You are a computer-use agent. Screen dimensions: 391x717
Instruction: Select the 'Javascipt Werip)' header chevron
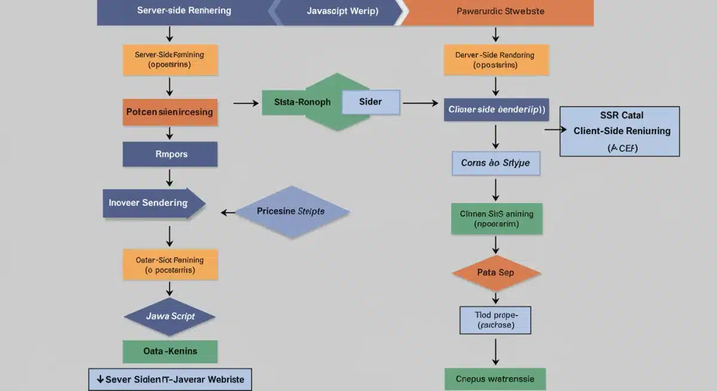coord(338,12)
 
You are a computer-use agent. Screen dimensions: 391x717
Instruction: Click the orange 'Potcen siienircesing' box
coord(170,112)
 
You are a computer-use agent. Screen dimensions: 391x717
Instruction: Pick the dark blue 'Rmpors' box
coord(170,154)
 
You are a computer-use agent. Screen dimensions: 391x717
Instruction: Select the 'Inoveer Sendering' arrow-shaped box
coord(152,203)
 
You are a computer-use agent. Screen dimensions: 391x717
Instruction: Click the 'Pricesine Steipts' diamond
coord(292,211)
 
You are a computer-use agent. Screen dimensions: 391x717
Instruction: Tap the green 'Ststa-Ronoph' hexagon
coord(302,102)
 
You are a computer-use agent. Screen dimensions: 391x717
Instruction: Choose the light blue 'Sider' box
coord(370,102)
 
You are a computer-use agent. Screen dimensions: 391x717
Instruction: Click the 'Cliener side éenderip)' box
coord(496,110)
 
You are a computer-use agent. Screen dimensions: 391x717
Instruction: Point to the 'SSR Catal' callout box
coord(620,131)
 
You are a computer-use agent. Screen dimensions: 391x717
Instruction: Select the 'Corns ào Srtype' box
coord(496,163)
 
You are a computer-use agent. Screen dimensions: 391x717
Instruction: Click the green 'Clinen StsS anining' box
coord(496,218)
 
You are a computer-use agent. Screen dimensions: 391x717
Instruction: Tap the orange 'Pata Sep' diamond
coord(496,273)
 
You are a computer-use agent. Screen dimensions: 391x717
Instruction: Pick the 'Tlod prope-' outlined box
coord(495,320)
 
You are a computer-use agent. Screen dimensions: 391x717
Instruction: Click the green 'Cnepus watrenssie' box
coord(495,379)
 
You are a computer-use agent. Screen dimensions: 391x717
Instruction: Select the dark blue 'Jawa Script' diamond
coord(170,316)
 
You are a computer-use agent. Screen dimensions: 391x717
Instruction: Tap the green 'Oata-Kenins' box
coord(170,352)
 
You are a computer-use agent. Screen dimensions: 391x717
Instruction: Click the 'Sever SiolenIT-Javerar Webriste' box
coord(170,380)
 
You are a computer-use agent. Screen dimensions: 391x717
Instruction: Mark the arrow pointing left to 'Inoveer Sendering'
coord(228,212)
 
